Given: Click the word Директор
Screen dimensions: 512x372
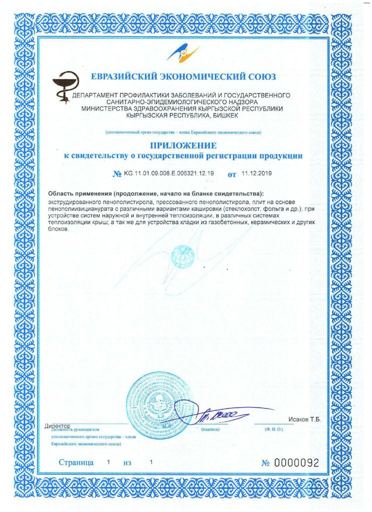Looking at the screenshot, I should click(58, 425).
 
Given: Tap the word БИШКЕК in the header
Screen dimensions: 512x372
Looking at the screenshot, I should click(222, 115).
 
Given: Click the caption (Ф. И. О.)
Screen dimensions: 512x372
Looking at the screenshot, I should click(274, 429).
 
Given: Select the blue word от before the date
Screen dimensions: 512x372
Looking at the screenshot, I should click(231, 174).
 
